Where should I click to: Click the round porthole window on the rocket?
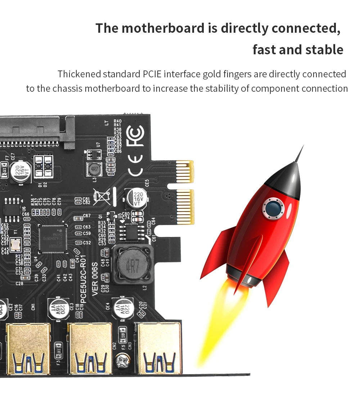point(273,207)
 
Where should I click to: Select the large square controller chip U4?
point(53,238)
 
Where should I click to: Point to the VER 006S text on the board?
point(95,279)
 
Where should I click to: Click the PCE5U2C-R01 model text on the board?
point(83,279)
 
